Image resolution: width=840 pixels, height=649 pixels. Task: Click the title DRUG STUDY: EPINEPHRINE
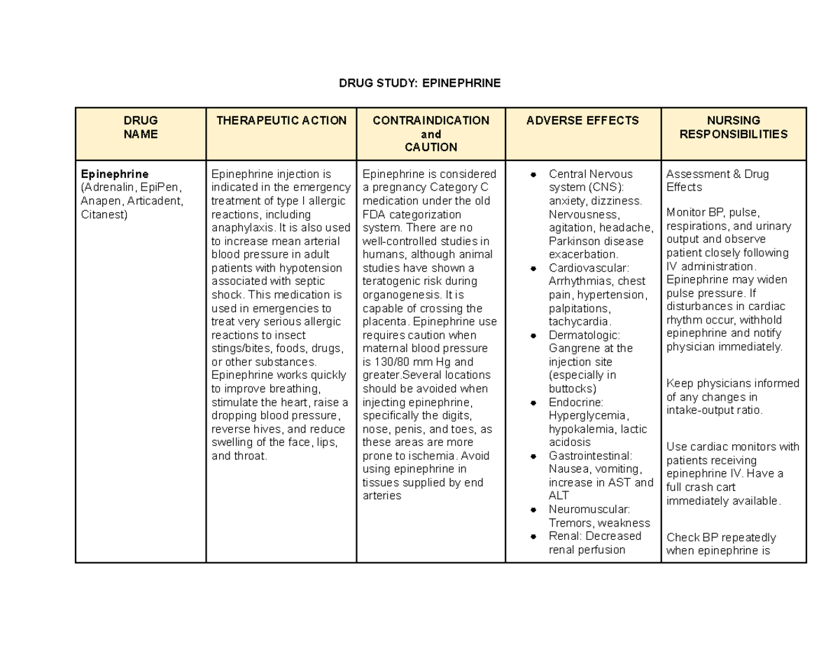tap(420, 83)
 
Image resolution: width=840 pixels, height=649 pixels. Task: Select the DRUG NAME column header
tap(141, 127)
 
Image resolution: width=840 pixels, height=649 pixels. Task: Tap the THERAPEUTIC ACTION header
tap(281, 120)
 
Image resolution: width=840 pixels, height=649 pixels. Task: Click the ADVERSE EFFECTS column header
tap(582, 120)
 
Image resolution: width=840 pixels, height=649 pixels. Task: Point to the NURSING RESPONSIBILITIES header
tap(734, 127)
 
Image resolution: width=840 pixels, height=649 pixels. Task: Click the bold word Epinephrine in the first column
tap(115, 174)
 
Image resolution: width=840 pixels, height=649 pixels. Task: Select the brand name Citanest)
tap(104, 214)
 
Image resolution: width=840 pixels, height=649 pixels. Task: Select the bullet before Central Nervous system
tap(533, 174)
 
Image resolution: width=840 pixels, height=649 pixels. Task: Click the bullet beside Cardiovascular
tap(533, 269)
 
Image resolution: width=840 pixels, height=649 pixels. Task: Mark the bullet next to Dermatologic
tap(533, 336)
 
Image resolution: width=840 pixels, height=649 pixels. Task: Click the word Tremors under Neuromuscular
tap(569, 524)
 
